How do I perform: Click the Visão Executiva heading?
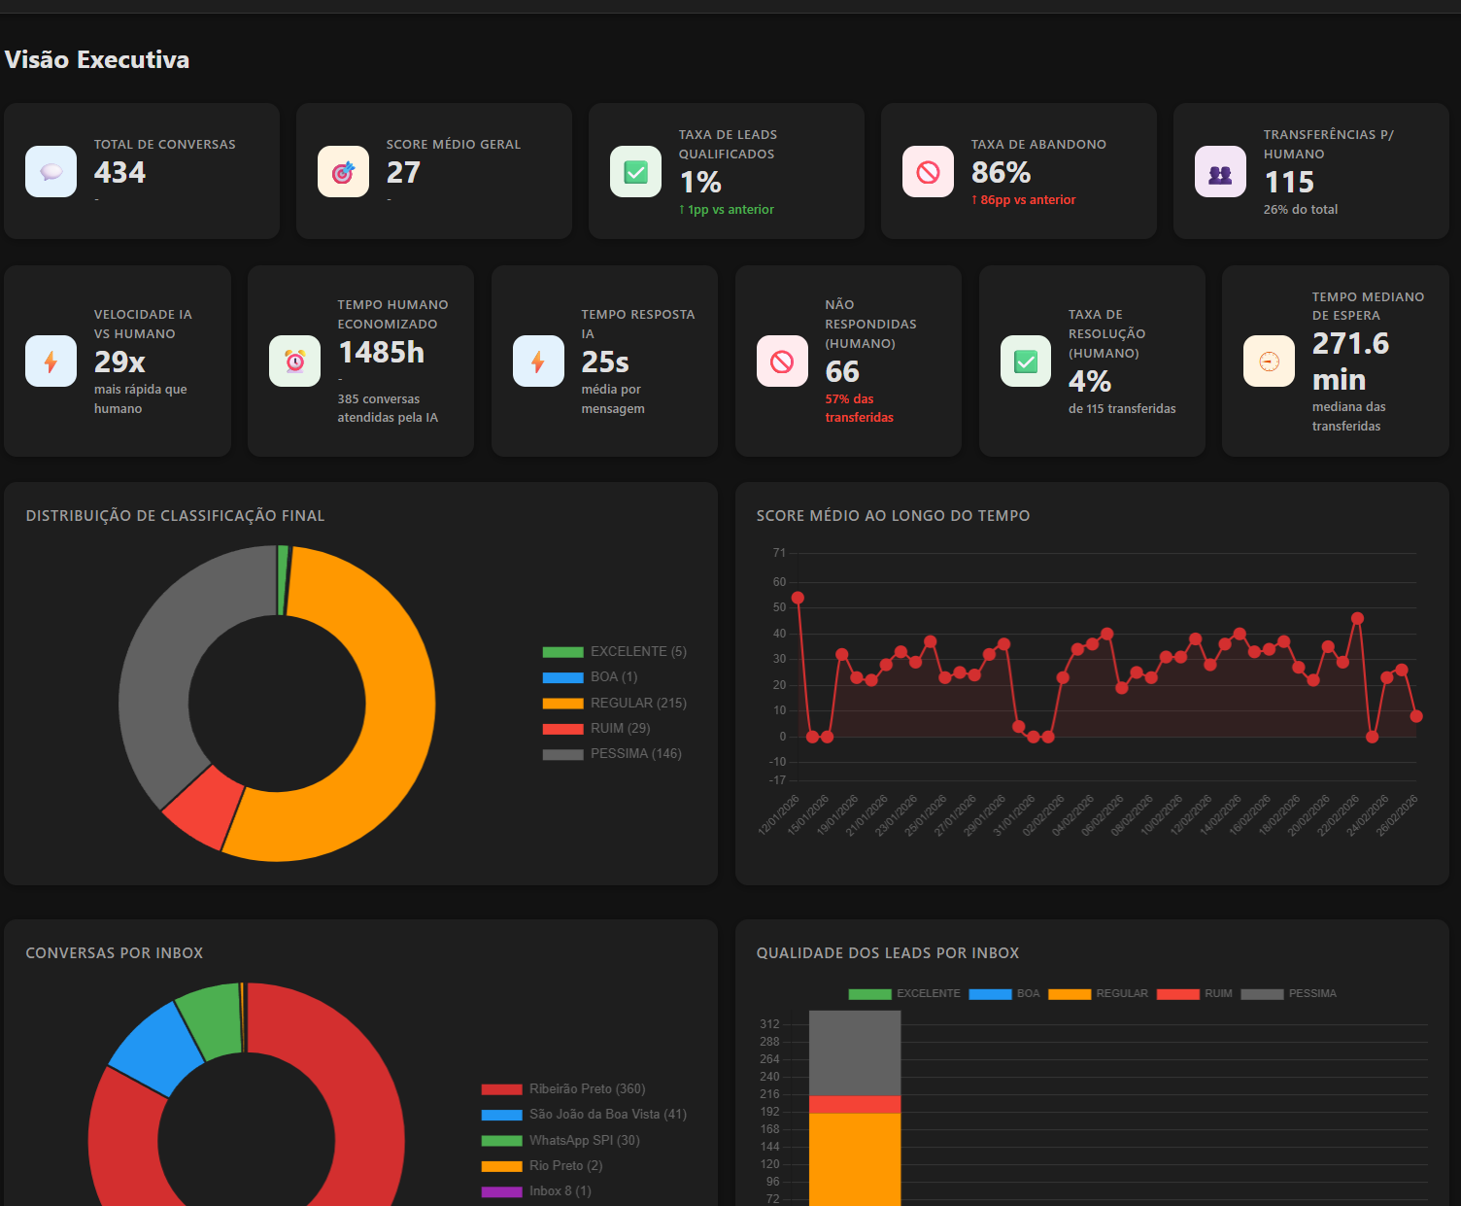[x=97, y=60]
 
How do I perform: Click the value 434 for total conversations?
[x=119, y=173]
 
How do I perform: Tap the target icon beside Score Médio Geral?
[x=343, y=172]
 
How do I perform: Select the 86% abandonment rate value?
[x=1001, y=173]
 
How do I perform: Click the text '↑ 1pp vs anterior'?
[x=727, y=210]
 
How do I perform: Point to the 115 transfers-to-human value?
[x=1288, y=183]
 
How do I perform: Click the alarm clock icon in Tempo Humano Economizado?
[x=294, y=362]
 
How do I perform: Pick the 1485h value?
[x=381, y=353]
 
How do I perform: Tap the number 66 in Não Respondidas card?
[x=842, y=372]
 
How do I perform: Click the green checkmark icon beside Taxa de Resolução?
[x=1026, y=362]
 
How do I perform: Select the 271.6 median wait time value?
[x=1350, y=344]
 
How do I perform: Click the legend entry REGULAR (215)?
[x=637, y=703]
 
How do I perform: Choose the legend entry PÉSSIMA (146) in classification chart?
[x=635, y=754]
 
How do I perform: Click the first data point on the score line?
[x=798, y=598]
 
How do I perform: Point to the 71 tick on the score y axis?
[x=779, y=553]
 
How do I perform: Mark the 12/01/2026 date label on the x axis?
[x=780, y=814]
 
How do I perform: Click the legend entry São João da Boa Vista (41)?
[x=607, y=1115]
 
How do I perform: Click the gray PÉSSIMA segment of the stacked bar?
[x=855, y=1052]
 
